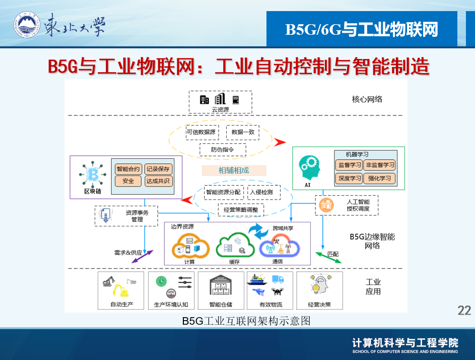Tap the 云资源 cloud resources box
220,102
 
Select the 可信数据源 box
201,133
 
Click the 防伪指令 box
222,150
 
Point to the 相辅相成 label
233,170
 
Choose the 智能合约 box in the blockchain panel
128,169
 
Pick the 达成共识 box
158,181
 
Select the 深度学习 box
350,178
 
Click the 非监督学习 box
380,165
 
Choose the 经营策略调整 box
241,209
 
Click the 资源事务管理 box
126,216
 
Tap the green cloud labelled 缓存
234,245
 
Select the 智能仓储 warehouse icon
221,288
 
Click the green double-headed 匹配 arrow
328,257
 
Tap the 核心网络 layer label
367,99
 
